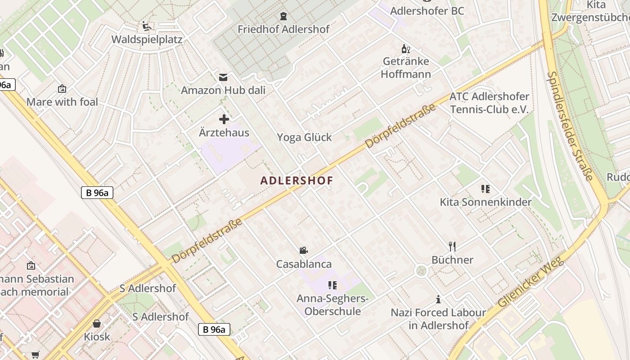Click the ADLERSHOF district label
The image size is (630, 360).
[297, 180]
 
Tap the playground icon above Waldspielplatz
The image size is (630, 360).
[146, 26]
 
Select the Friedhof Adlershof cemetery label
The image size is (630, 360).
[283, 29]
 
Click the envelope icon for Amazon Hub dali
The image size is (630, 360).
[223, 77]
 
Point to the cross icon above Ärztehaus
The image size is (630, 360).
[224, 119]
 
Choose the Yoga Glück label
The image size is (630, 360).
[304, 137]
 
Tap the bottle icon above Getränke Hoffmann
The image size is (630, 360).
[405, 49]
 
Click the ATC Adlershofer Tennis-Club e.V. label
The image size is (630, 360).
[489, 103]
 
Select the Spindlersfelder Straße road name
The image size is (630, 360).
[570, 126]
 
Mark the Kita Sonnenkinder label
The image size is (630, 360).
[486, 202]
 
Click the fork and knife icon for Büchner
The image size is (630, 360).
[452, 246]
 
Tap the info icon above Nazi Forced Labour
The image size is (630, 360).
[438, 299]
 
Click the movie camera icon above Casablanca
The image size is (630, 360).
[304, 250]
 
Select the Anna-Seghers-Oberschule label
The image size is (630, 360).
[333, 305]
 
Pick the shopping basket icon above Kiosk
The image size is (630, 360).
[97, 323]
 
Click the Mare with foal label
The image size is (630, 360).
[62, 102]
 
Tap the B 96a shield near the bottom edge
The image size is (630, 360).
[214, 329]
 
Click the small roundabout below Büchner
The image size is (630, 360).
[421, 271]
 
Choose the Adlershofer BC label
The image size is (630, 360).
[427, 11]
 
